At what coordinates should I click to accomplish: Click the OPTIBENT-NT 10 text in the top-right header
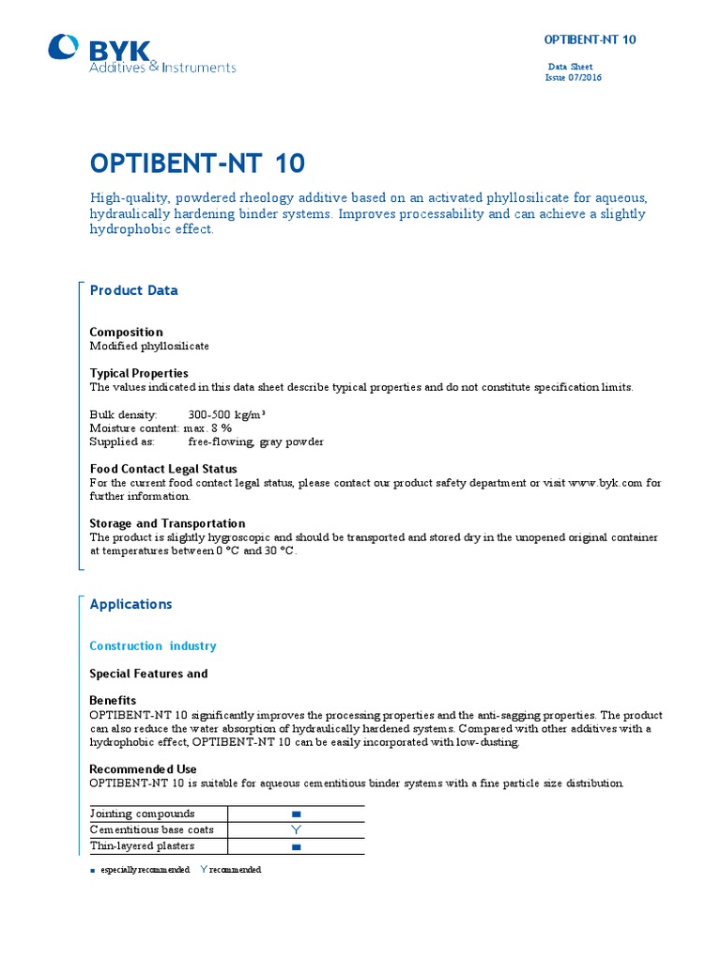(x=591, y=39)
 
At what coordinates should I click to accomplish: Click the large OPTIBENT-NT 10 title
(x=197, y=163)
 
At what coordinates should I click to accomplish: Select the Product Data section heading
(x=133, y=290)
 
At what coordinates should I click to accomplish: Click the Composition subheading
(x=126, y=332)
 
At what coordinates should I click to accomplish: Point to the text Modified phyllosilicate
(x=149, y=346)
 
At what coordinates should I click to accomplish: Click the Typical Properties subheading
(x=138, y=373)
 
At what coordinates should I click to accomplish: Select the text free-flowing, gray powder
(x=255, y=442)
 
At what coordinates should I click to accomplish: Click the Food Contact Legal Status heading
(x=162, y=469)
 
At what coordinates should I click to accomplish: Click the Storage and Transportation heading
(x=167, y=523)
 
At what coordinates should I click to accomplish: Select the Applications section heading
(x=130, y=604)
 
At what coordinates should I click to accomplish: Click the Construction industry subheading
(x=152, y=645)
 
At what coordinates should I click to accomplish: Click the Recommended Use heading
(x=143, y=768)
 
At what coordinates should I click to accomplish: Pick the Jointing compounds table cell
(x=142, y=814)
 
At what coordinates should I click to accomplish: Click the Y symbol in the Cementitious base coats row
(x=296, y=830)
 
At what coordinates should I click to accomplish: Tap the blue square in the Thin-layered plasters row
(x=296, y=847)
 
